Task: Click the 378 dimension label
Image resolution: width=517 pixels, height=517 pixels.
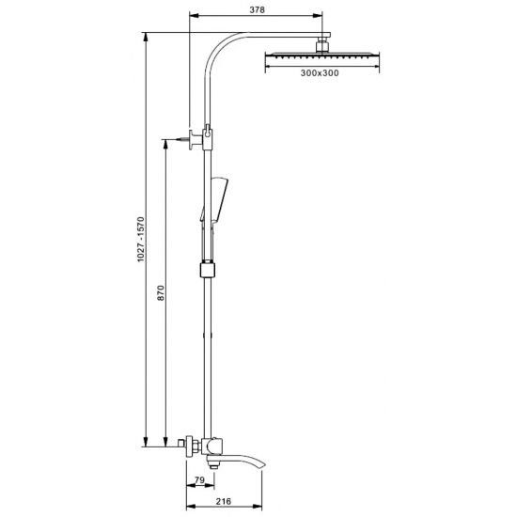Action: coord(257,10)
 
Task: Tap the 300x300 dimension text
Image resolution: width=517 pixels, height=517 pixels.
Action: coord(320,73)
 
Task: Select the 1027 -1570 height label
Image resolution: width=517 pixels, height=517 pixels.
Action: coord(141,240)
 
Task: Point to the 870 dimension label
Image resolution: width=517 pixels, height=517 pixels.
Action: coord(161,292)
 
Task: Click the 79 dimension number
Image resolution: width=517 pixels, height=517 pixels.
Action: coord(200,480)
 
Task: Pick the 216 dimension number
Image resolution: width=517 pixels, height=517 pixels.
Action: coord(224,502)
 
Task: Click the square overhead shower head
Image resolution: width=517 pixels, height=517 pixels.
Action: coord(322,56)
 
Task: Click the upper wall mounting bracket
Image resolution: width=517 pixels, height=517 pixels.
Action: coord(196,139)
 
